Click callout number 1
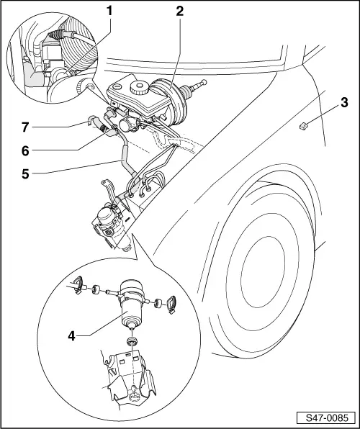click(x=109, y=11)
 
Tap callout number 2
click(x=179, y=11)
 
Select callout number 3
click(x=344, y=103)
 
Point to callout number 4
click(x=71, y=336)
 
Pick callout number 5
click(x=25, y=173)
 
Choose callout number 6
click(x=25, y=150)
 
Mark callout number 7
click(x=25, y=127)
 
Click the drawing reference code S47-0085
click(x=327, y=417)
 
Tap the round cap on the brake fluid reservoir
click(x=140, y=87)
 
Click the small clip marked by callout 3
click(x=303, y=126)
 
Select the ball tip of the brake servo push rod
click(x=204, y=82)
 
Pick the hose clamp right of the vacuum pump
click(x=171, y=304)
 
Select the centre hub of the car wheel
click(x=262, y=274)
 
